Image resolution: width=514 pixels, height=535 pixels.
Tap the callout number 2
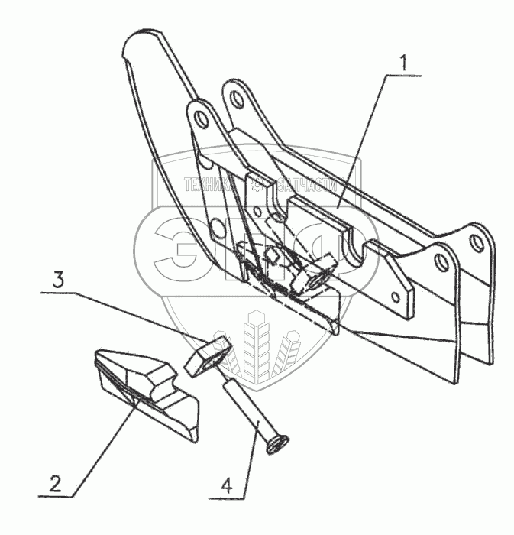(54, 483)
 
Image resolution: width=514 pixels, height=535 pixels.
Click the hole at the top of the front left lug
(201, 121)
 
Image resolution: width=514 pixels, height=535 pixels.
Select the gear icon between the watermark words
(258, 184)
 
